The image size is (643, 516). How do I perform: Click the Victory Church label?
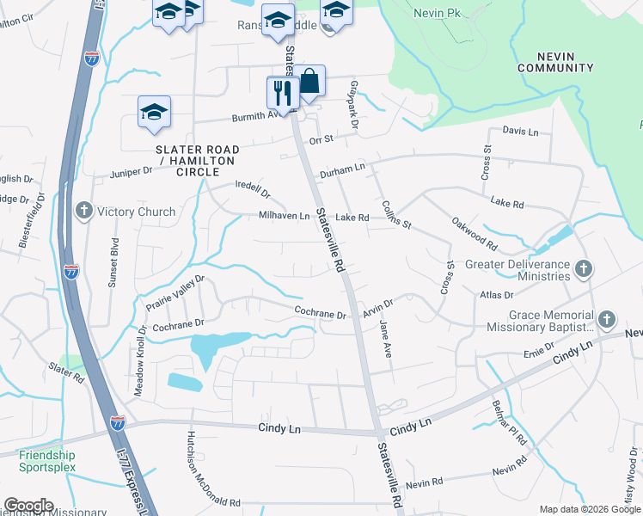(x=136, y=212)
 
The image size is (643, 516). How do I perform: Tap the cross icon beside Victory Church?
(x=84, y=211)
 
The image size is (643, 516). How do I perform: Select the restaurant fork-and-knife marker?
(x=281, y=92)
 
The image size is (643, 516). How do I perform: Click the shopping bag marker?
(x=310, y=82)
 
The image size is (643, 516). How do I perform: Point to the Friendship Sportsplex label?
(x=47, y=461)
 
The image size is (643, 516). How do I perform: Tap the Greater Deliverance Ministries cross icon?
(x=583, y=269)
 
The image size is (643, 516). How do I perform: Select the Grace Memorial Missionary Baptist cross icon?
(x=606, y=320)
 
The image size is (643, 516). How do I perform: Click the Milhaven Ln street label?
(x=284, y=217)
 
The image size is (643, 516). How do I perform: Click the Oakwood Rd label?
(x=475, y=232)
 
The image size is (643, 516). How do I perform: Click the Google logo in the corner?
(x=28, y=505)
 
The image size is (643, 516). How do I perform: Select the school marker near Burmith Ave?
(x=155, y=112)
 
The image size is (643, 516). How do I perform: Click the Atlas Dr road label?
(x=496, y=295)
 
